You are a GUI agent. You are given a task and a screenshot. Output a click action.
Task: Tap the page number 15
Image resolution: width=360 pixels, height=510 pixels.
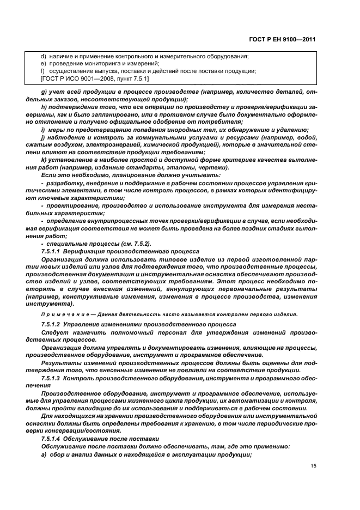click(x=312, y=466)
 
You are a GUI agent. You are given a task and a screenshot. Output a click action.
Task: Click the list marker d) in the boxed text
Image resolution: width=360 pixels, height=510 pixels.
click(x=44, y=57)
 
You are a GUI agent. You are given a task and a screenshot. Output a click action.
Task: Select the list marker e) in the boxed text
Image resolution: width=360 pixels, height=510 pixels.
click(x=44, y=64)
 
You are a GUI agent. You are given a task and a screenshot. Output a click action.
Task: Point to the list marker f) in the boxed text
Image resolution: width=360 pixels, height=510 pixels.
click(x=43, y=71)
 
